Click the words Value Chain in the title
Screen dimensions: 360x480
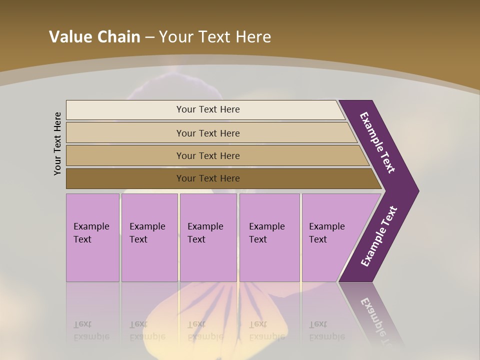[94, 37]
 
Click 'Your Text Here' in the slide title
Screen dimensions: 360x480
[215, 37]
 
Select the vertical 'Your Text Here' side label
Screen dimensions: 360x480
[57, 143]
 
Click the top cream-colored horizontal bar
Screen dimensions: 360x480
[207, 109]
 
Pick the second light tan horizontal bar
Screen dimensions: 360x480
[207, 133]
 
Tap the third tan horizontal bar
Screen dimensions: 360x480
[207, 155]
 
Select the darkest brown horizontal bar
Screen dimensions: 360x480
[207, 178]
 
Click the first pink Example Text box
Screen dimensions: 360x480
[92, 237]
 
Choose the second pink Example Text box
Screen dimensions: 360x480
[149, 237]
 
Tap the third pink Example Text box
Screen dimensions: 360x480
[207, 237]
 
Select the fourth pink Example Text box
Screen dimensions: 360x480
[269, 237]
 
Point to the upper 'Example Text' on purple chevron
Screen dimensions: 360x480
[377, 142]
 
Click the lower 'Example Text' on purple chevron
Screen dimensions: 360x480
[379, 236]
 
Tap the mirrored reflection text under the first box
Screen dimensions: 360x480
[91, 330]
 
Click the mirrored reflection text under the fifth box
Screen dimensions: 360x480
[327, 330]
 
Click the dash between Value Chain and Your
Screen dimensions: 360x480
[149, 37]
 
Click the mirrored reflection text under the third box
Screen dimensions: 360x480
[205, 330]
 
